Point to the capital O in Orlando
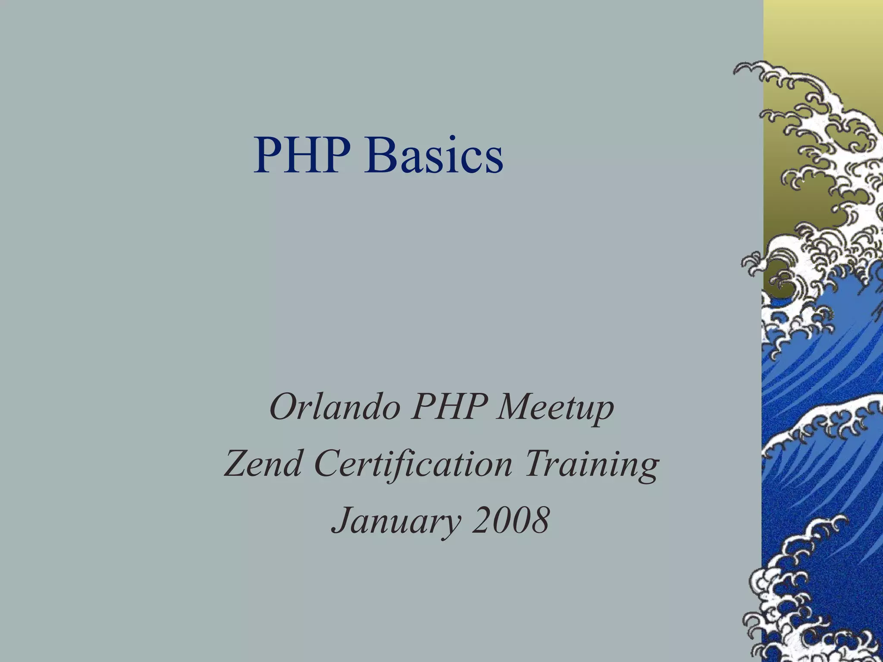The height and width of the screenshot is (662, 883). tap(282, 408)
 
